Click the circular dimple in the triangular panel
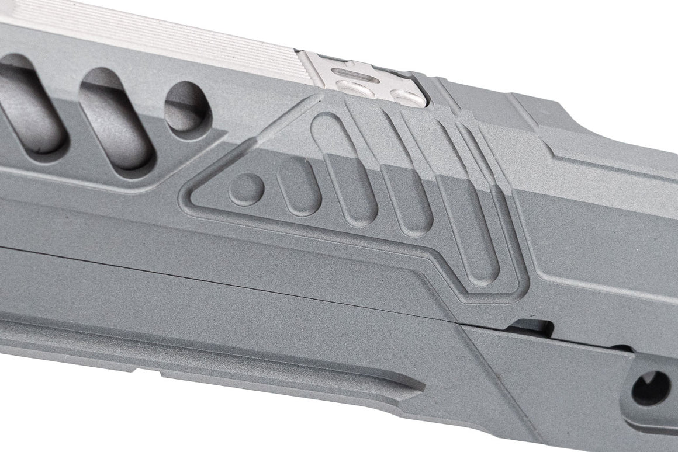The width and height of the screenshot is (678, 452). pos(245,189)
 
